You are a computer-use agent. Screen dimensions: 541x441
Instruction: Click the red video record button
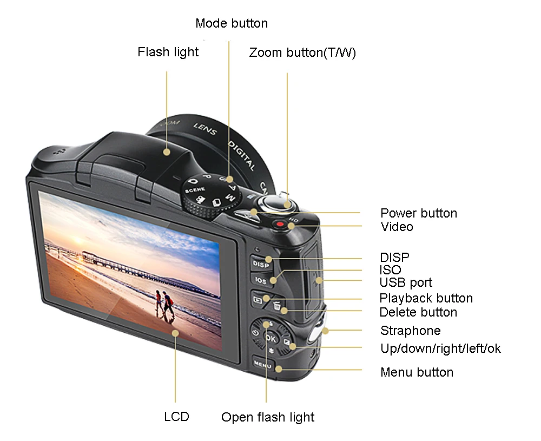(x=280, y=225)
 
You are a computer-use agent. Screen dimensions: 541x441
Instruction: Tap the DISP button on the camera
(x=261, y=264)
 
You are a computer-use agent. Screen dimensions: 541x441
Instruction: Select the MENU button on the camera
(x=263, y=364)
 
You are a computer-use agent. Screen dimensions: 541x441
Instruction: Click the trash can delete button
(x=276, y=306)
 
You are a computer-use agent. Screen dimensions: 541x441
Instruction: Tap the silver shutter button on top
(x=278, y=203)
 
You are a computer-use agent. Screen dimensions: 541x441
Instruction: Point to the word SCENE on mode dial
(x=195, y=190)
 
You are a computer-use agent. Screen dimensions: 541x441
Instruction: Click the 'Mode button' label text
(x=232, y=23)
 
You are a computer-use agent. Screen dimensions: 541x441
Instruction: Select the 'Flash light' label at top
(x=168, y=52)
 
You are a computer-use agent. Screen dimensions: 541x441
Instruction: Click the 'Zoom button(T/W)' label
(x=302, y=52)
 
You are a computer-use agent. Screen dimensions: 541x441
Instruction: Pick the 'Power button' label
(x=419, y=213)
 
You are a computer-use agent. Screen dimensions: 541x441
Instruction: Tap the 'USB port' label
(x=406, y=282)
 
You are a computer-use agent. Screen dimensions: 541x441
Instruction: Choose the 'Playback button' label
(x=426, y=298)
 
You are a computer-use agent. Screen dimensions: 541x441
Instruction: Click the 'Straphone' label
(x=410, y=331)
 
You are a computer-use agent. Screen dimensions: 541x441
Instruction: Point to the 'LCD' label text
(x=177, y=417)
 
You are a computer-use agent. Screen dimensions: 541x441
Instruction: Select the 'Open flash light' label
(x=268, y=417)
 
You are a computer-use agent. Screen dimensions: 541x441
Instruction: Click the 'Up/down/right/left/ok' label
(x=440, y=348)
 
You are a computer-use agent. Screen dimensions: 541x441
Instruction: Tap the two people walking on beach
(x=164, y=305)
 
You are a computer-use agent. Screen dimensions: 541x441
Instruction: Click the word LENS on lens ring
(x=205, y=129)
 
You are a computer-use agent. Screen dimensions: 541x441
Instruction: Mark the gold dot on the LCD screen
(x=175, y=333)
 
